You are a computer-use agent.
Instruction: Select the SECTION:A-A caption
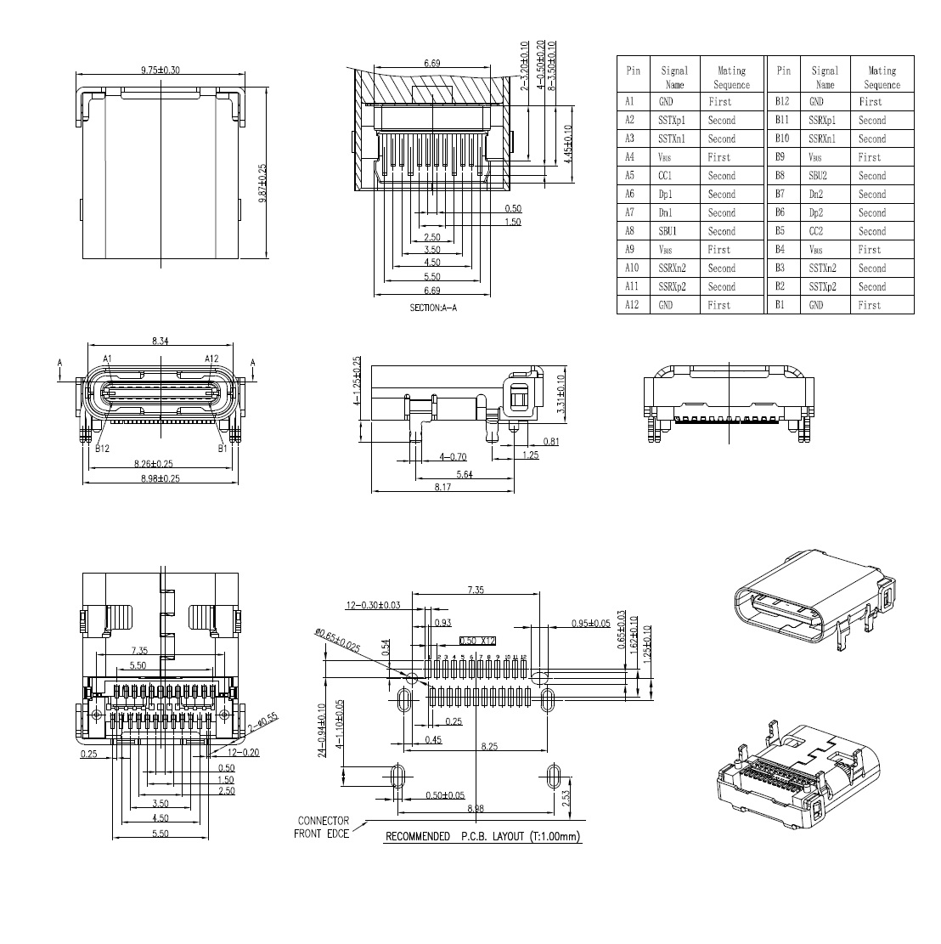(x=433, y=308)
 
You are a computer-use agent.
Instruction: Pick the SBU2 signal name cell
(x=817, y=176)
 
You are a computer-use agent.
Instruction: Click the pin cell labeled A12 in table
(x=631, y=305)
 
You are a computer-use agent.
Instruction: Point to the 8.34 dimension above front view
(x=160, y=341)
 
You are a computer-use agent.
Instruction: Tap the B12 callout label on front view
(x=104, y=448)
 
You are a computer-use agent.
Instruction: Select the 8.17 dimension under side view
(x=442, y=487)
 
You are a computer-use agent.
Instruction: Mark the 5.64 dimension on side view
(x=465, y=475)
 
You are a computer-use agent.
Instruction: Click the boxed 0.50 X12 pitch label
(x=477, y=641)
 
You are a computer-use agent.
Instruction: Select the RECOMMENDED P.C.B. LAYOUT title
(x=482, y=837)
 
